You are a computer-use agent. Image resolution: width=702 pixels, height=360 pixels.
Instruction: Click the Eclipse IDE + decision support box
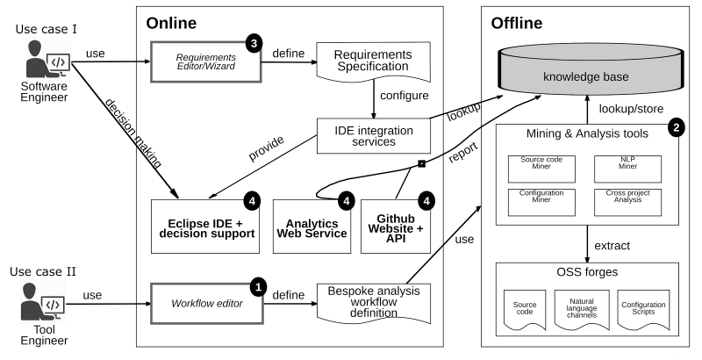pos(206,224)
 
